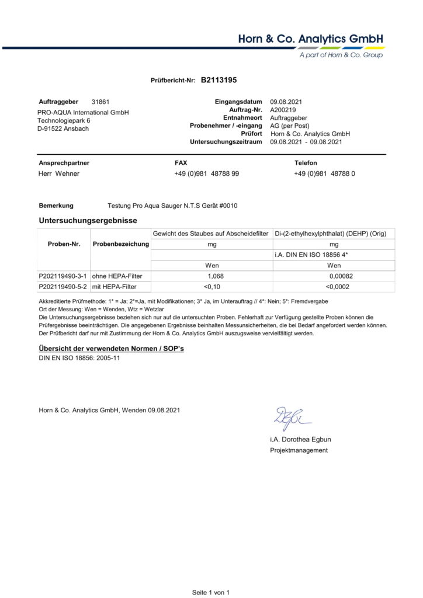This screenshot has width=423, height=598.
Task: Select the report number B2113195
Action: pyautogui.click(x=219, y=81)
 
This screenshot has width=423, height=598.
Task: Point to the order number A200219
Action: pyautogui.click(x=283, y=110)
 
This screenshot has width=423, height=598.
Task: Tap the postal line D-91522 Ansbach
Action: pyautogui.click(x=63, y=128)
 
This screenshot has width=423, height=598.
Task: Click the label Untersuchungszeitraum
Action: pyautogui.click(x=226, y=142)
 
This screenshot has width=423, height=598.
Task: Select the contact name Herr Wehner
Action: pyautogui.click(x=59, y=173)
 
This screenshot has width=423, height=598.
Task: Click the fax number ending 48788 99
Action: pyautogui.click(x=206, y=173)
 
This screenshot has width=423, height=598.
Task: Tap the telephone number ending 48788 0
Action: pyautogui.click(x=324, y=173)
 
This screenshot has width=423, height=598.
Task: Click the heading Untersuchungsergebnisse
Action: pyautogui.click(x=88, y=221)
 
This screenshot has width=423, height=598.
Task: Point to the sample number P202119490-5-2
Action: pyautogui.click(x=63, y=287)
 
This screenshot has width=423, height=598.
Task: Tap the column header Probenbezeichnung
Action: pyautogui.click(x=121, y=244)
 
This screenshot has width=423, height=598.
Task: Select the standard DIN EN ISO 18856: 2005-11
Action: pyautogui.click(x=75, y=358)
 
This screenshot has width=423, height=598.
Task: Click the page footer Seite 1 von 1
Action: pyautogui.click(x=211, y=592)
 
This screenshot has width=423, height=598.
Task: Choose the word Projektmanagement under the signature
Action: pyautogui.click(x=299, y=450)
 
